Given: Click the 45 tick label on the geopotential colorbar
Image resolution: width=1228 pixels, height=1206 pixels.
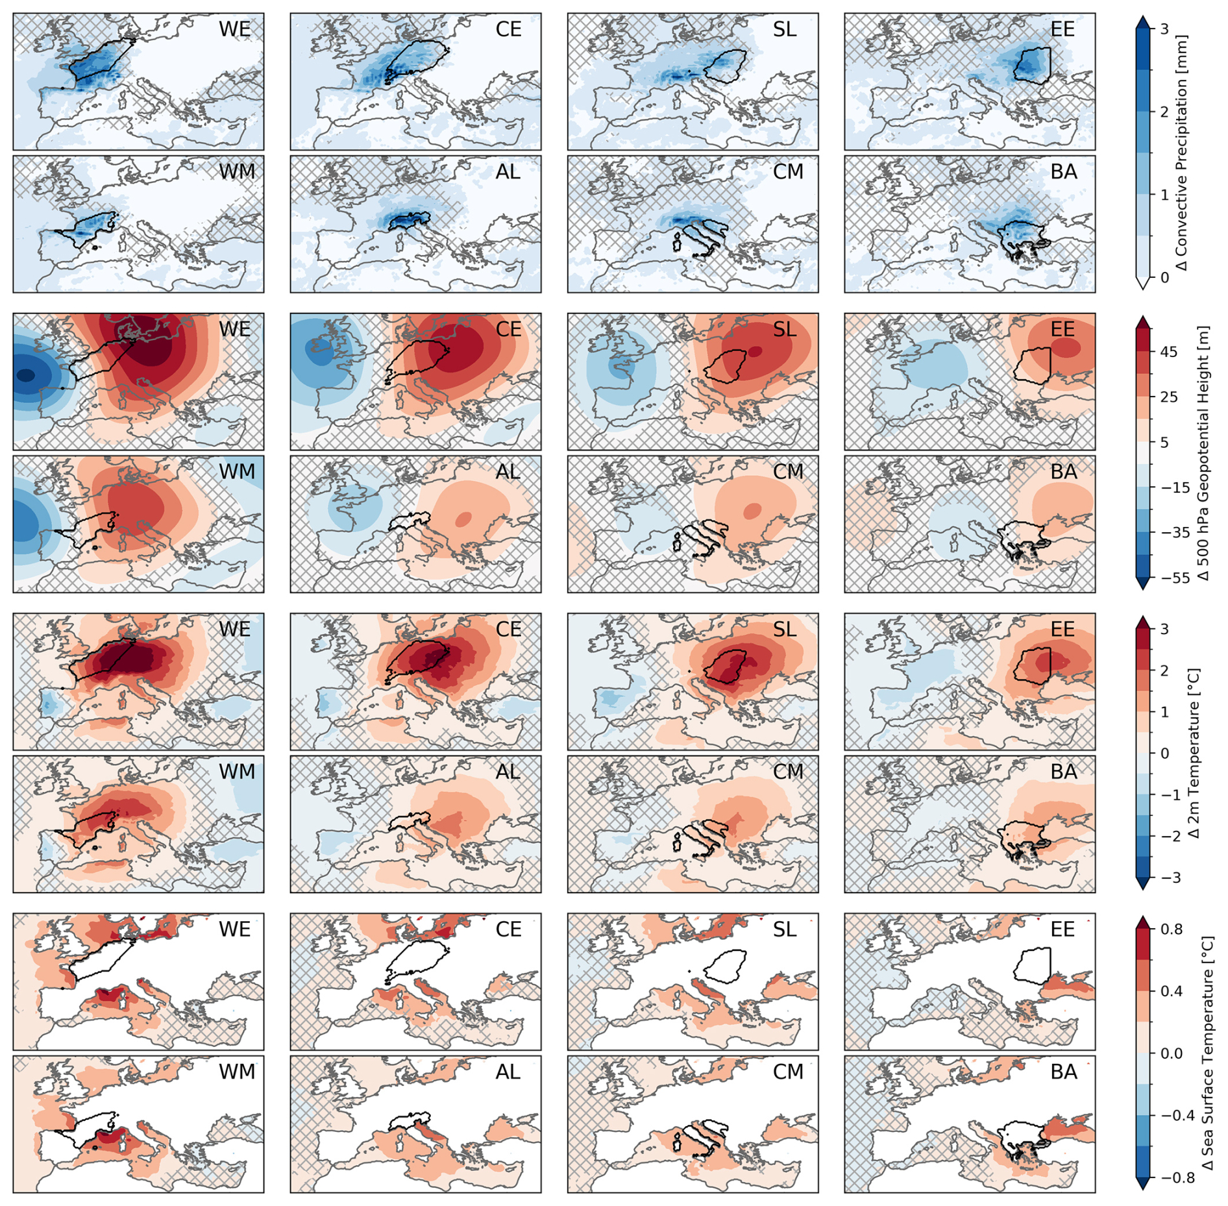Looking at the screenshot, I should [x=1168, y=352].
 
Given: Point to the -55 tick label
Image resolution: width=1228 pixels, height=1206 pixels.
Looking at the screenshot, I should [x=1175, y=578].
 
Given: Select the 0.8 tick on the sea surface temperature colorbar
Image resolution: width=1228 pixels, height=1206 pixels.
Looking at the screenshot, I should [x=1171, y=929].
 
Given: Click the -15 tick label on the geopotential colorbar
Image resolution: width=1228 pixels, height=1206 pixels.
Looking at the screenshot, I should [x=1175, y=487].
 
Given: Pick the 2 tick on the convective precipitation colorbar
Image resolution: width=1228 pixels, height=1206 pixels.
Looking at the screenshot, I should [x=1164, y=112].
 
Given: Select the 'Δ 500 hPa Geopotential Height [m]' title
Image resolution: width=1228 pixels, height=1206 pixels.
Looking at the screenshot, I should [x=1204, y=452].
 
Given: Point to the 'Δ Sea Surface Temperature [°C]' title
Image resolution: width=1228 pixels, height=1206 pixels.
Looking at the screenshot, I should [x=1207, y=1053].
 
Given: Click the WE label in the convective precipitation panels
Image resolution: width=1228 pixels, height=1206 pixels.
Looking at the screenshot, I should [x=234, y=29].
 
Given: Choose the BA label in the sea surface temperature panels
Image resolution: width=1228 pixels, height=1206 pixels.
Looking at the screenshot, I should [x=1064, y=1072].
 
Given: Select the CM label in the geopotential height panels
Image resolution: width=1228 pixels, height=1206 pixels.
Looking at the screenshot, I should [x=788, y=472].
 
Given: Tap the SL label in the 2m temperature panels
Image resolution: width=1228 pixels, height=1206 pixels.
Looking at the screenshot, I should [x=785, y=630].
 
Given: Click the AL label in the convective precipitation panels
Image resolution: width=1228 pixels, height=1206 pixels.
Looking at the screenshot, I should [x=508, y=172].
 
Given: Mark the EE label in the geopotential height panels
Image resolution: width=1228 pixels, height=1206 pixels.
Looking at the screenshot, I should [x=1062, y=330].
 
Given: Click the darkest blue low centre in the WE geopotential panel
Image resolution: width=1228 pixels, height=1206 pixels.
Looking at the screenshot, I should [x=26, y=375].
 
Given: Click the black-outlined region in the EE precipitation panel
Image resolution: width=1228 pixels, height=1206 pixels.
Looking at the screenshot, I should [x=1031, y=66].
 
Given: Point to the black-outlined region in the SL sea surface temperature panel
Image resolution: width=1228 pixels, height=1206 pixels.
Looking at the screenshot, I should [x=726, y=966].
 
